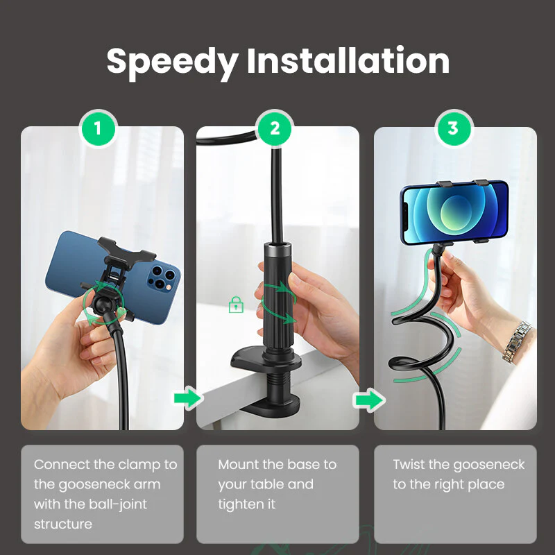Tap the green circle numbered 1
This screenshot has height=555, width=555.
[x=98, y=128]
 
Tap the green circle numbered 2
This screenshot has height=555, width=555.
[x=275, y=128]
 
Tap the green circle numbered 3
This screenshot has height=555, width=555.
[x=453, y=128]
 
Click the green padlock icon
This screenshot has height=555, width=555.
[x=236, y=305]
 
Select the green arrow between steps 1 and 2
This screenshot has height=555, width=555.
[x=187, y=398]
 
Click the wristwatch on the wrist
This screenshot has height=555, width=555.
[x=517, y=342]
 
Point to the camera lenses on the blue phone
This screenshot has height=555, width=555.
[x=161, y=277]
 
